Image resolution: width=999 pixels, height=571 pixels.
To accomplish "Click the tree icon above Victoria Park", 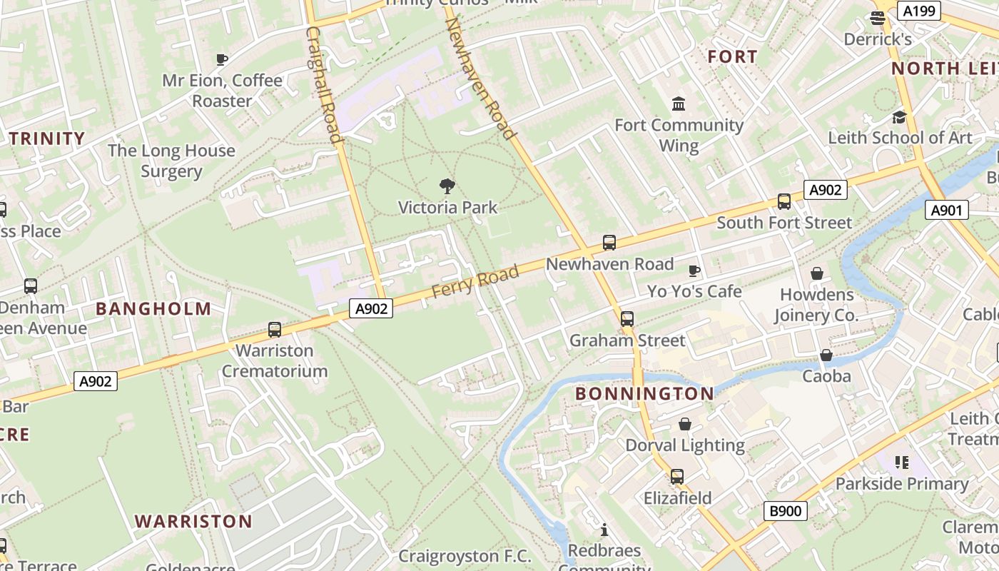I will click(x=447, y=187).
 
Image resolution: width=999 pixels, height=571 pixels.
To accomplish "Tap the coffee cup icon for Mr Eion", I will click(x=222, y=59).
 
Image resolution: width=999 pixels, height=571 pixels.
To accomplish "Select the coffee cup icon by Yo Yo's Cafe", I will click(x=694, y=271).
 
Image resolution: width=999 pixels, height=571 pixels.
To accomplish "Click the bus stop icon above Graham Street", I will click(x=627, y=319).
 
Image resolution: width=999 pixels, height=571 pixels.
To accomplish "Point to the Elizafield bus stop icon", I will click(x=676, y=476).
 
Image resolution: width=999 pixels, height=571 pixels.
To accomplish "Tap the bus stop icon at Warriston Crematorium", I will click(x=275, y=330).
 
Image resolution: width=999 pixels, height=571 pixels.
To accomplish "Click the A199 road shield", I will click(x=919, y=11).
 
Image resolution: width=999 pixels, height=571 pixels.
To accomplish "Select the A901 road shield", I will click(x=948, y=210).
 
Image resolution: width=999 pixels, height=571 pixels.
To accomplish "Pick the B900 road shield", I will click(x=786, y=511).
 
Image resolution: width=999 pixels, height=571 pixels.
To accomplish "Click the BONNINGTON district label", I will click(x=644, y=394).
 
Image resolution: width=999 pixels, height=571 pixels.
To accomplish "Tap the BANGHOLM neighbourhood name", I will click(x=153, y=309).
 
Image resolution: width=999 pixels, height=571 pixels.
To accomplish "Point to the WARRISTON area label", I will click(x=193, y=521).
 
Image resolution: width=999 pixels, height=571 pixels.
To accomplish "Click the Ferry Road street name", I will click(x=475, y=283).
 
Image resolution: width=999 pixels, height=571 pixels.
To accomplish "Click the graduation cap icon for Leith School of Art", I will click(x=899, y=117).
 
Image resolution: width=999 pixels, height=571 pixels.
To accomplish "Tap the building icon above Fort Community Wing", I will click(x=679, y=104).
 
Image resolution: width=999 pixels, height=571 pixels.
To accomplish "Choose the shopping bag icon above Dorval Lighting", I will click(x=685, y=425).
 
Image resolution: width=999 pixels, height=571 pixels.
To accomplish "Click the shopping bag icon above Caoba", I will click(x=826, y=355).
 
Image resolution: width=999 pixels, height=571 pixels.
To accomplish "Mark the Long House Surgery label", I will click(x=171, y=161).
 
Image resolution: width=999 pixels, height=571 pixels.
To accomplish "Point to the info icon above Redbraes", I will click(x=605, y=530).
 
